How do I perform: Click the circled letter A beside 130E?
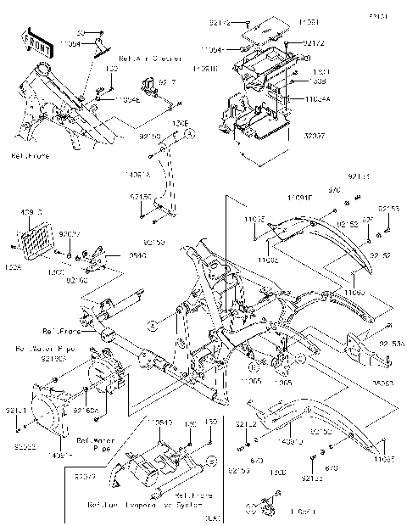[191, 134]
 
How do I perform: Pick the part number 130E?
[180, 123]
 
